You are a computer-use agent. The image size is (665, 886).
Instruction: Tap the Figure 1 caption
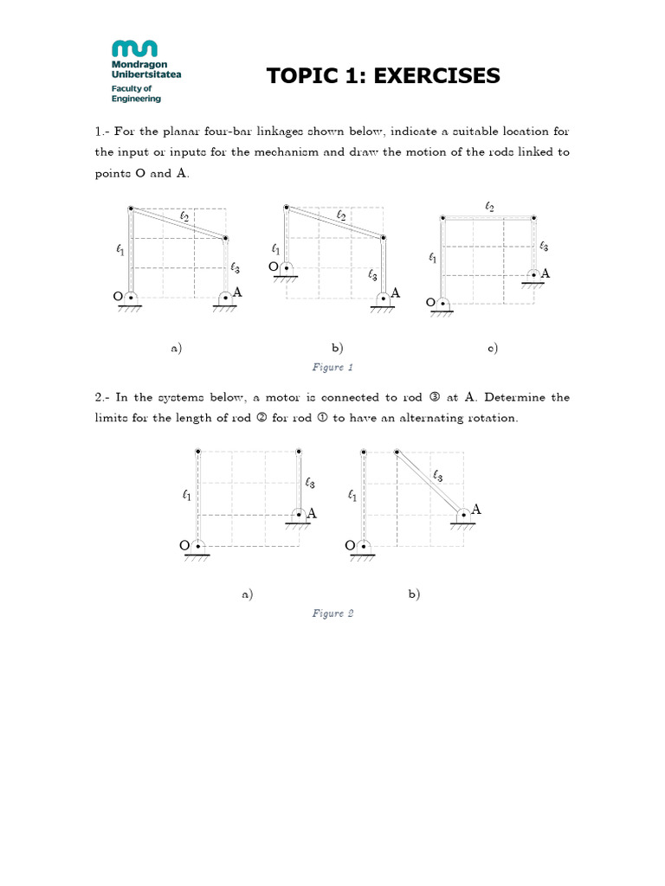pos(332,368)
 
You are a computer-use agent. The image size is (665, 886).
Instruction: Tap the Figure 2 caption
pos(332,613)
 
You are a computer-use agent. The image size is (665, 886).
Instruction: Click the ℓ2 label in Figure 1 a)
pos(184,216)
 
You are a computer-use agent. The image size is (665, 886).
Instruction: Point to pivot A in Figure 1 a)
pos(225,297)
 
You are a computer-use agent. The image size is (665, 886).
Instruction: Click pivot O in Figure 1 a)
pos(131,297)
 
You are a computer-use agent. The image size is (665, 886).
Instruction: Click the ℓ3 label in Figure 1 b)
pos(372,274)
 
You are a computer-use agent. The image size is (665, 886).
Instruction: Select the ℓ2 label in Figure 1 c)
pos(489,206)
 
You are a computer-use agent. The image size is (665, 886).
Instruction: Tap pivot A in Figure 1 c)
pos(534,274)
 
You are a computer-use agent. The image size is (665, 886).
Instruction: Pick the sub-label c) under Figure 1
pos(492,348)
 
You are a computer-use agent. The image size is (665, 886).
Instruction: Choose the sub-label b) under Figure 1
pos(338,348)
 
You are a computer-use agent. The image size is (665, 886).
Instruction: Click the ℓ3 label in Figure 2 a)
pos(309,483)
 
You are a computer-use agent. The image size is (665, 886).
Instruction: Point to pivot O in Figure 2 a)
pos(198,545)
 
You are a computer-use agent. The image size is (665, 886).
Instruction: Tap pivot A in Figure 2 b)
pos(464,513)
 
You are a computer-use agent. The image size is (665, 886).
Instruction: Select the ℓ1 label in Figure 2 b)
pos(352,496)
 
